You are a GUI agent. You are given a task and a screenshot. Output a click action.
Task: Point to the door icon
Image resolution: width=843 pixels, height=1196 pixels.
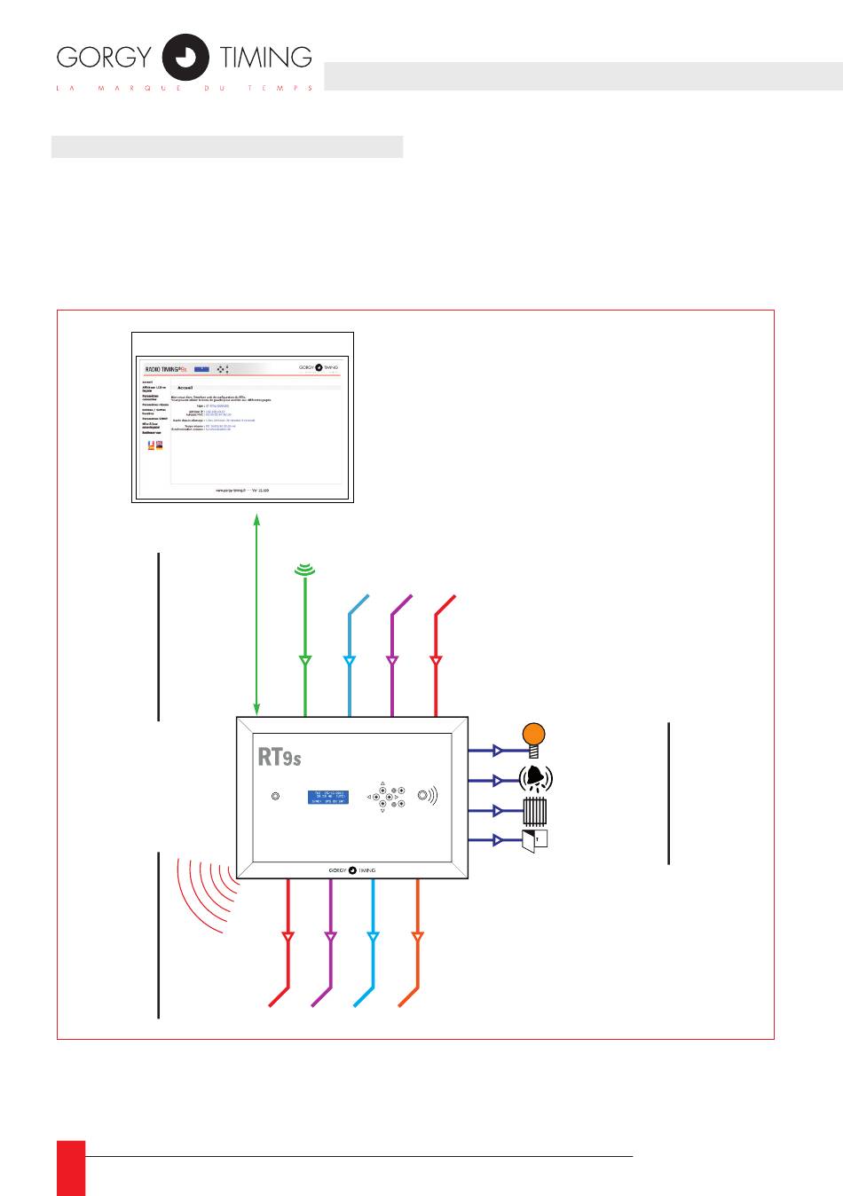535,839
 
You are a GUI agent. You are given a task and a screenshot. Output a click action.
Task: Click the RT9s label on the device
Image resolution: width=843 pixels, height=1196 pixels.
280,757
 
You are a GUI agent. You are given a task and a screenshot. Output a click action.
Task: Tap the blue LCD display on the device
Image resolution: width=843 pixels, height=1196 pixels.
327,797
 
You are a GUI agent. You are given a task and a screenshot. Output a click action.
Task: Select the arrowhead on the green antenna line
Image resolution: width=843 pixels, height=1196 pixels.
305,661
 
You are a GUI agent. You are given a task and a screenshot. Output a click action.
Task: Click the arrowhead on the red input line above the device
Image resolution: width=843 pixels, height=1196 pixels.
436,661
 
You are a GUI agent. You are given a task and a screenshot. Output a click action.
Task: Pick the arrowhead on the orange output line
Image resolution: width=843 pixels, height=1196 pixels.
417,937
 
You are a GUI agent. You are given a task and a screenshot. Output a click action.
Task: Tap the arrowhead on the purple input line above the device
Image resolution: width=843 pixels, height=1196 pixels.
392,661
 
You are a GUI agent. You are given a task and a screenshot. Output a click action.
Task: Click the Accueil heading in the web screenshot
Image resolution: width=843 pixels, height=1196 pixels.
185,388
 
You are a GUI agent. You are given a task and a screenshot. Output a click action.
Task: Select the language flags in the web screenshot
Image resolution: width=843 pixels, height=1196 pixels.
155,445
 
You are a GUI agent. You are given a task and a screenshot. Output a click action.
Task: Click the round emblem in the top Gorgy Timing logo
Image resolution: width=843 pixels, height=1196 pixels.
186,58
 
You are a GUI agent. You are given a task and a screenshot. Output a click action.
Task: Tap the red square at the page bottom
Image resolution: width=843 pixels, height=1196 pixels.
71,1168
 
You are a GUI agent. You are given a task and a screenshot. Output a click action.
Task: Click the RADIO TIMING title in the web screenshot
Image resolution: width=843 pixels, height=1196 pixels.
166,368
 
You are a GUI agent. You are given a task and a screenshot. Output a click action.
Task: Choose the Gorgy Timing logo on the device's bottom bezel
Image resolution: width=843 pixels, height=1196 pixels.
352,870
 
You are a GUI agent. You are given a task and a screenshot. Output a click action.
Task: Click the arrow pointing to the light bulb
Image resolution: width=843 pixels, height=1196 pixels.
497,751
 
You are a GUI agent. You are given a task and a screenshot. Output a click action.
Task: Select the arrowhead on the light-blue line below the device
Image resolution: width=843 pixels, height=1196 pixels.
373,937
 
